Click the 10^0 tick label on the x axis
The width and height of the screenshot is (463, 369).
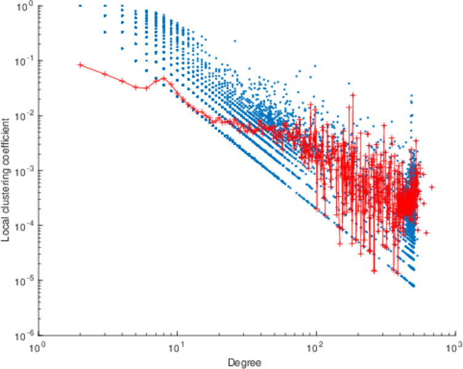click(x=39, y=346)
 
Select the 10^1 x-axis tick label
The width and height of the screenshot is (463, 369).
click(x=178, y=346)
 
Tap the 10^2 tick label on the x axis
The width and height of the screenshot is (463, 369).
click(x=316, y=346)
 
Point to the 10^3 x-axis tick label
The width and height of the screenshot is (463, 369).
click(x=454, y=346)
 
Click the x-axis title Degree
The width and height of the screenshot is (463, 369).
click(x=245, y=362)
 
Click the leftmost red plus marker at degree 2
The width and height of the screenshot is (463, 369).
click(x=81, y=65)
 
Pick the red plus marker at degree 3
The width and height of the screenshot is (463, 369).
click(x=105, y=74)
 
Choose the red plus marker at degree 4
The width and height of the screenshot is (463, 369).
click(x=122, y=81)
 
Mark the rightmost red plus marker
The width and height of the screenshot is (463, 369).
click(x=432, y=187)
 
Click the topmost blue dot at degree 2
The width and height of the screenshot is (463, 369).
click(x=81, y=6)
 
